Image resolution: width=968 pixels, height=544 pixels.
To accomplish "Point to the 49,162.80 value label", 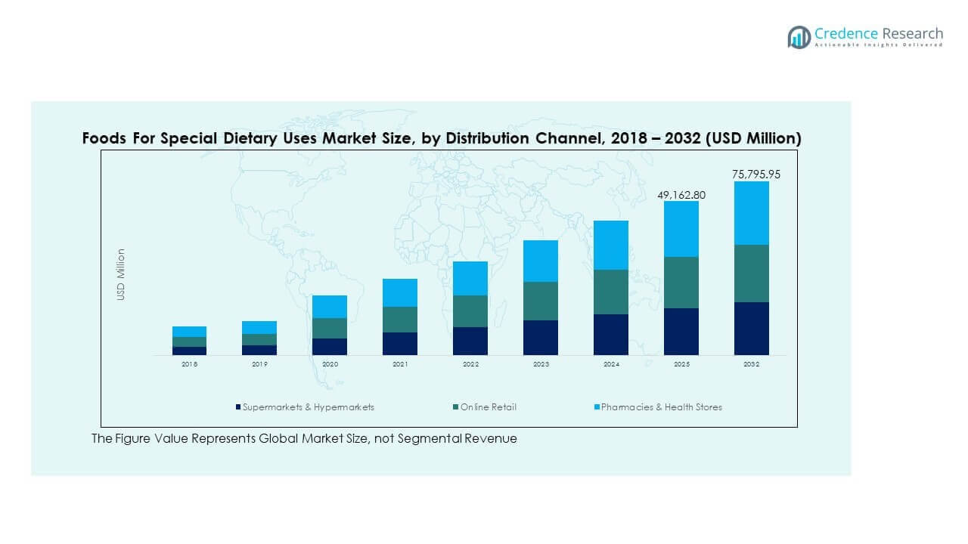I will (681, 195).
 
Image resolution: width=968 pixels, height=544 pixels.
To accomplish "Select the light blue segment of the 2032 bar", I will (751, 213).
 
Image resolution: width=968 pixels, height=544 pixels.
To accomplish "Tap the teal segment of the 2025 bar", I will (681, 283).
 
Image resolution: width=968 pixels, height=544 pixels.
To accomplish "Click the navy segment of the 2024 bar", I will (610, 334).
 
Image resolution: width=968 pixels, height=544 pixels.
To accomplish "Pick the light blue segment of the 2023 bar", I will (540, 261).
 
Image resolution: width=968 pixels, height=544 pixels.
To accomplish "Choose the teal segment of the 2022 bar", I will (470, 311).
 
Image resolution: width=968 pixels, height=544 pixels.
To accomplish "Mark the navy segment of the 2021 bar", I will (400, 343).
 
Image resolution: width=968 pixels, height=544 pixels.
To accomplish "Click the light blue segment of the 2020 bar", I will (330, 307).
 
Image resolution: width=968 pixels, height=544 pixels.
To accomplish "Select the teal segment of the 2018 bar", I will (189, 342).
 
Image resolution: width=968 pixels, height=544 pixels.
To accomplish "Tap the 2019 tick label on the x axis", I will (259, 364).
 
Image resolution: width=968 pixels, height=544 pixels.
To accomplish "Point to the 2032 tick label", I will (751, 364).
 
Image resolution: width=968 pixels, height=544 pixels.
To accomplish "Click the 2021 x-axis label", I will (400, 364).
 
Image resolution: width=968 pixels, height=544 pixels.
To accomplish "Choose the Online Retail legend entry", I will (489, 407).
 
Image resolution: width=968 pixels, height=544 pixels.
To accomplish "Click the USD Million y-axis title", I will (121, 275).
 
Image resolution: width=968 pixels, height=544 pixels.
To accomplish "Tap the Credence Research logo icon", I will (799, 37).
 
